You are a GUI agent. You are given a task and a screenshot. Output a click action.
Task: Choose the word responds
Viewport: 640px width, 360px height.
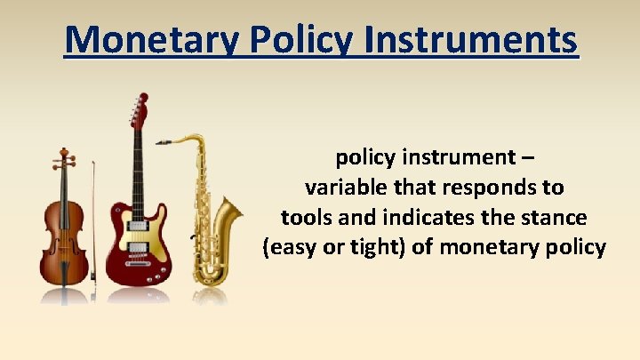497,188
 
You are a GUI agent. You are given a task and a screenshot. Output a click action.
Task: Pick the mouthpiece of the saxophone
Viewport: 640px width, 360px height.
163,141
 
